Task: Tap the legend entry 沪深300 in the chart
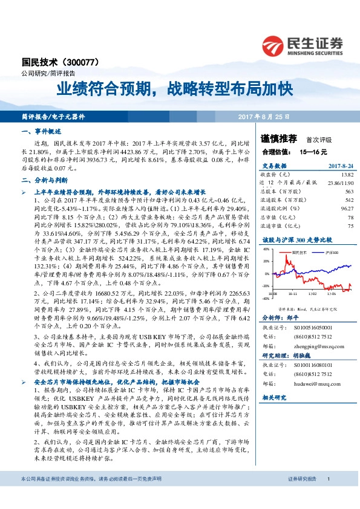pos(330,251)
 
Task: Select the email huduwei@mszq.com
pos(312,383)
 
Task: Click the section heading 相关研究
pos(273,397)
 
